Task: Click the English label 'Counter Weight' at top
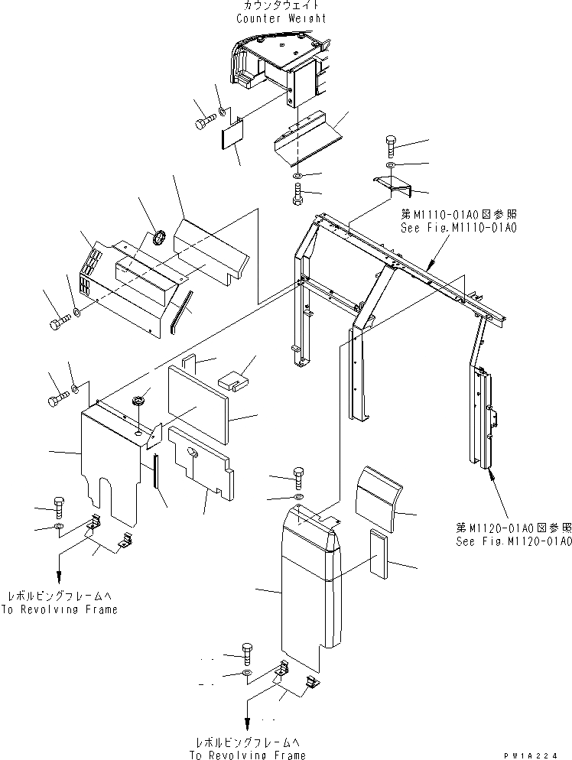pyautogui.click(x=281, y=18)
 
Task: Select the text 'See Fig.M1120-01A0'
pyautogui.click(x=513, y=541)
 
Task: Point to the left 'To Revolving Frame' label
pyautogui.click(x=62, y=609)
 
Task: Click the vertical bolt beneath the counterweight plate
pyautogui.click(x=297, y=194)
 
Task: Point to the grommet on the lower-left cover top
pyautogui.click(x=139, y=400)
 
